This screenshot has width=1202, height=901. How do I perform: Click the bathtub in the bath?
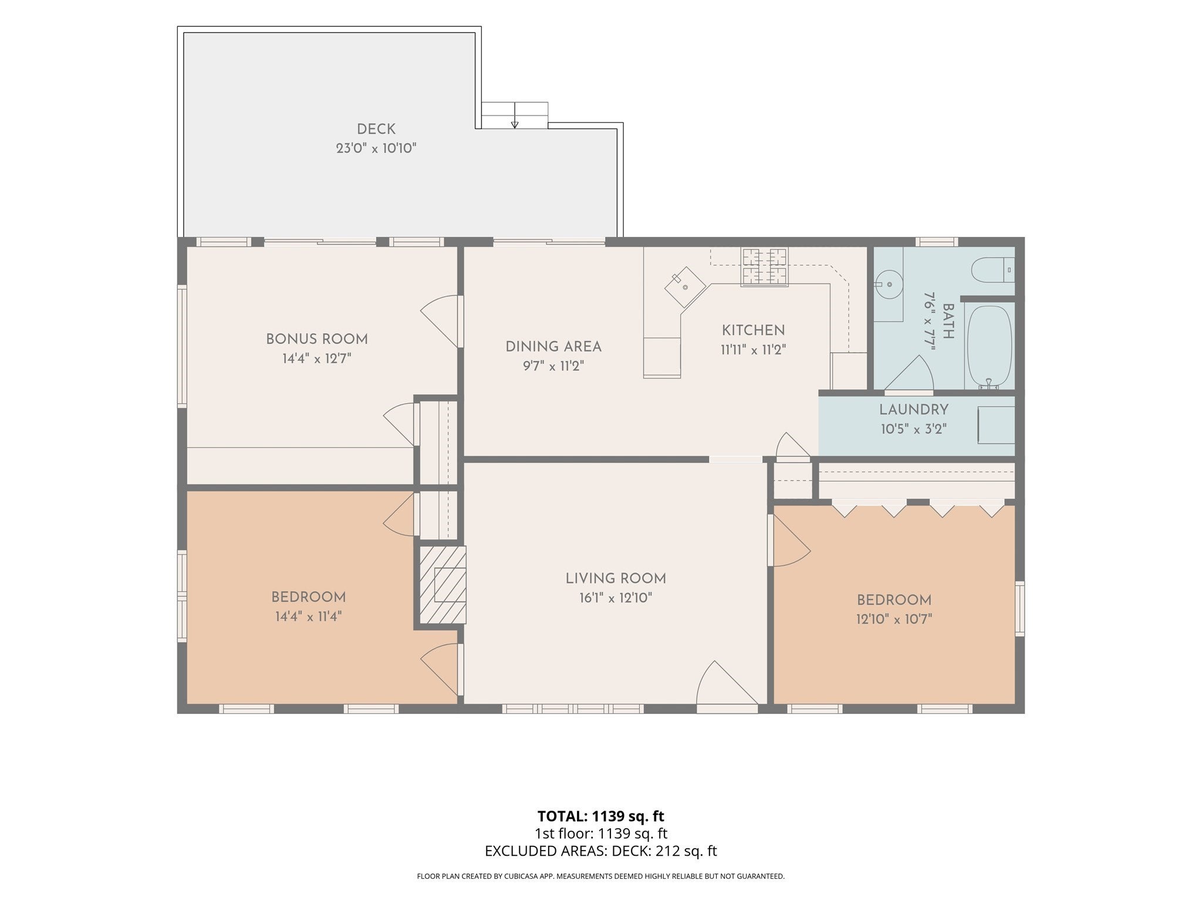click(990, 347)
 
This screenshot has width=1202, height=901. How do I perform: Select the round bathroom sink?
click(889, 284)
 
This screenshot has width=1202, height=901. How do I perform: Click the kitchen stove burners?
click(764, 267)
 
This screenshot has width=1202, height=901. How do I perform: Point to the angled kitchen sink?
click(685, 287)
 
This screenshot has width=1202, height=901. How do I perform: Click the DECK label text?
click(376, 129)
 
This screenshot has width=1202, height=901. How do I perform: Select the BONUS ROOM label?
click(317, 339)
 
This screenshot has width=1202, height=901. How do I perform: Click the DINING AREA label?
click(553, 347)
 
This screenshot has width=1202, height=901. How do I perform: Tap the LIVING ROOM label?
click(616, 578)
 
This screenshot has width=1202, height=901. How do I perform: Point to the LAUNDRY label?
click(914, 409)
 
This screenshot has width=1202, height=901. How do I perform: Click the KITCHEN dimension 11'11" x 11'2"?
click(753, 350)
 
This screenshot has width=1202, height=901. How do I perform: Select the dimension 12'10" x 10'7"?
click(894, 619)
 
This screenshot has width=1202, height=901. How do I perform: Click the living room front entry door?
click(727, 686)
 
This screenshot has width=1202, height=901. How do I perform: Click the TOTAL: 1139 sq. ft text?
click(601, 816)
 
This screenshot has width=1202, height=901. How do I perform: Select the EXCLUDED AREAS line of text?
click(601, 851)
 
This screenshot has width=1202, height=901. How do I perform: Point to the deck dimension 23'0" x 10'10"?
click(376, 148)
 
